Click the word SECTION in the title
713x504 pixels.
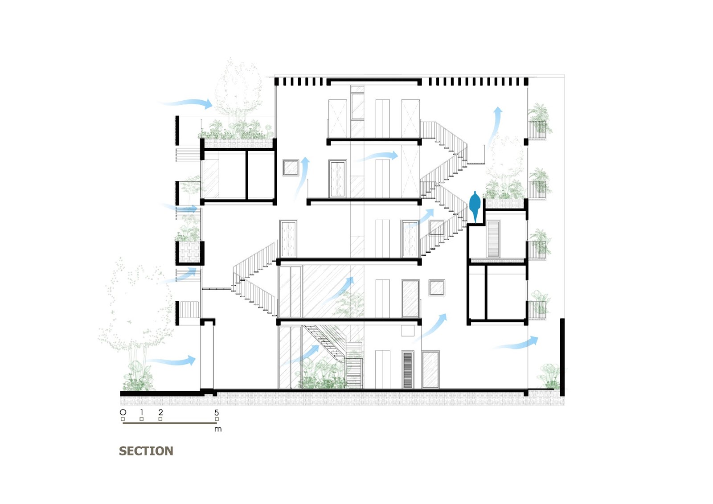coord(146,451)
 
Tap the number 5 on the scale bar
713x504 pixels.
coord(217,413)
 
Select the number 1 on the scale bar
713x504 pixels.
coord(142,413)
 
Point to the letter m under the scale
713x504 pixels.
coord(217,429)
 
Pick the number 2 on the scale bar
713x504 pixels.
coord(160,413)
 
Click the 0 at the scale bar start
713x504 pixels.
coord(123,413)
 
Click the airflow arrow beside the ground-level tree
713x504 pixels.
coord(174,361)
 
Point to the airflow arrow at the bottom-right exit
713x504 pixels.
coord(517,344)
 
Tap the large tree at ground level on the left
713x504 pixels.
coord(136,312)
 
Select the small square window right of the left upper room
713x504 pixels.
coord(291,168)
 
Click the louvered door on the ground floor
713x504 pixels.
coord(408,370)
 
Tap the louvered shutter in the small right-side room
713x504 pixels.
coord(493,239)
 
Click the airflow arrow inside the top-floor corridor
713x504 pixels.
coord(379,156)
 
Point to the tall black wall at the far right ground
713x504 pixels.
coord(562,356)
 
